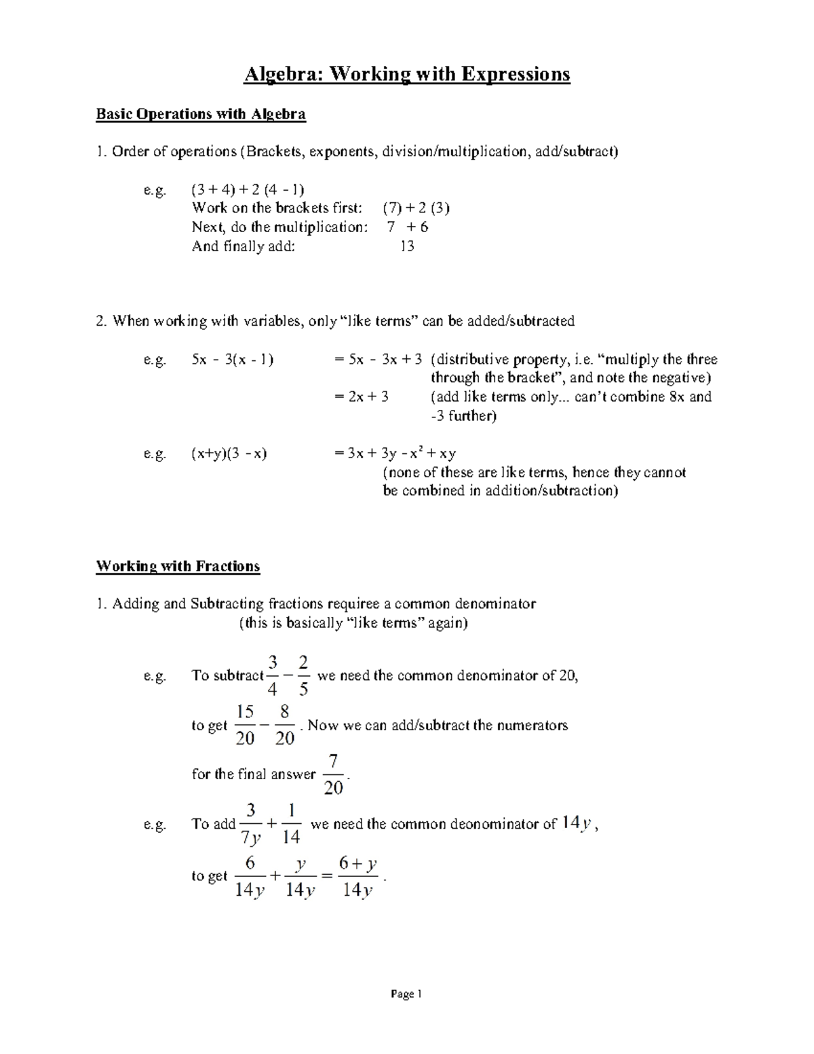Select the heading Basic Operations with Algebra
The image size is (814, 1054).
coord(201,114)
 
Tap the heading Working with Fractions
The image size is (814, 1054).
coord(178,566)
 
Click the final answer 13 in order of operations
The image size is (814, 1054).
coord(406,246)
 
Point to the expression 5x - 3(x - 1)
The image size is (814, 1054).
coord(233,360)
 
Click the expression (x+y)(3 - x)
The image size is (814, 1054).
coord(229,453)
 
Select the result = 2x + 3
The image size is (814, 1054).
coord(362,397)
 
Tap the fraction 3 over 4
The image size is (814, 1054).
coord(273,676)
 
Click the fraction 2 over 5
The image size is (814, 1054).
coord(303,676)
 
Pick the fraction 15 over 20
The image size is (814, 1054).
coord(244,725)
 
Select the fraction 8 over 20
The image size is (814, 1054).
coord(284,725)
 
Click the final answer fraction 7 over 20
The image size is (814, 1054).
coord(333,774)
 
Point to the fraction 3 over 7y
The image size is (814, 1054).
coord(251,824)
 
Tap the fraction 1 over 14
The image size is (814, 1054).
coord(290,824)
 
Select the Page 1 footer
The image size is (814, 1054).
coord(406,994)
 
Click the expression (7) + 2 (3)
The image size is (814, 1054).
coord(416,208)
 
